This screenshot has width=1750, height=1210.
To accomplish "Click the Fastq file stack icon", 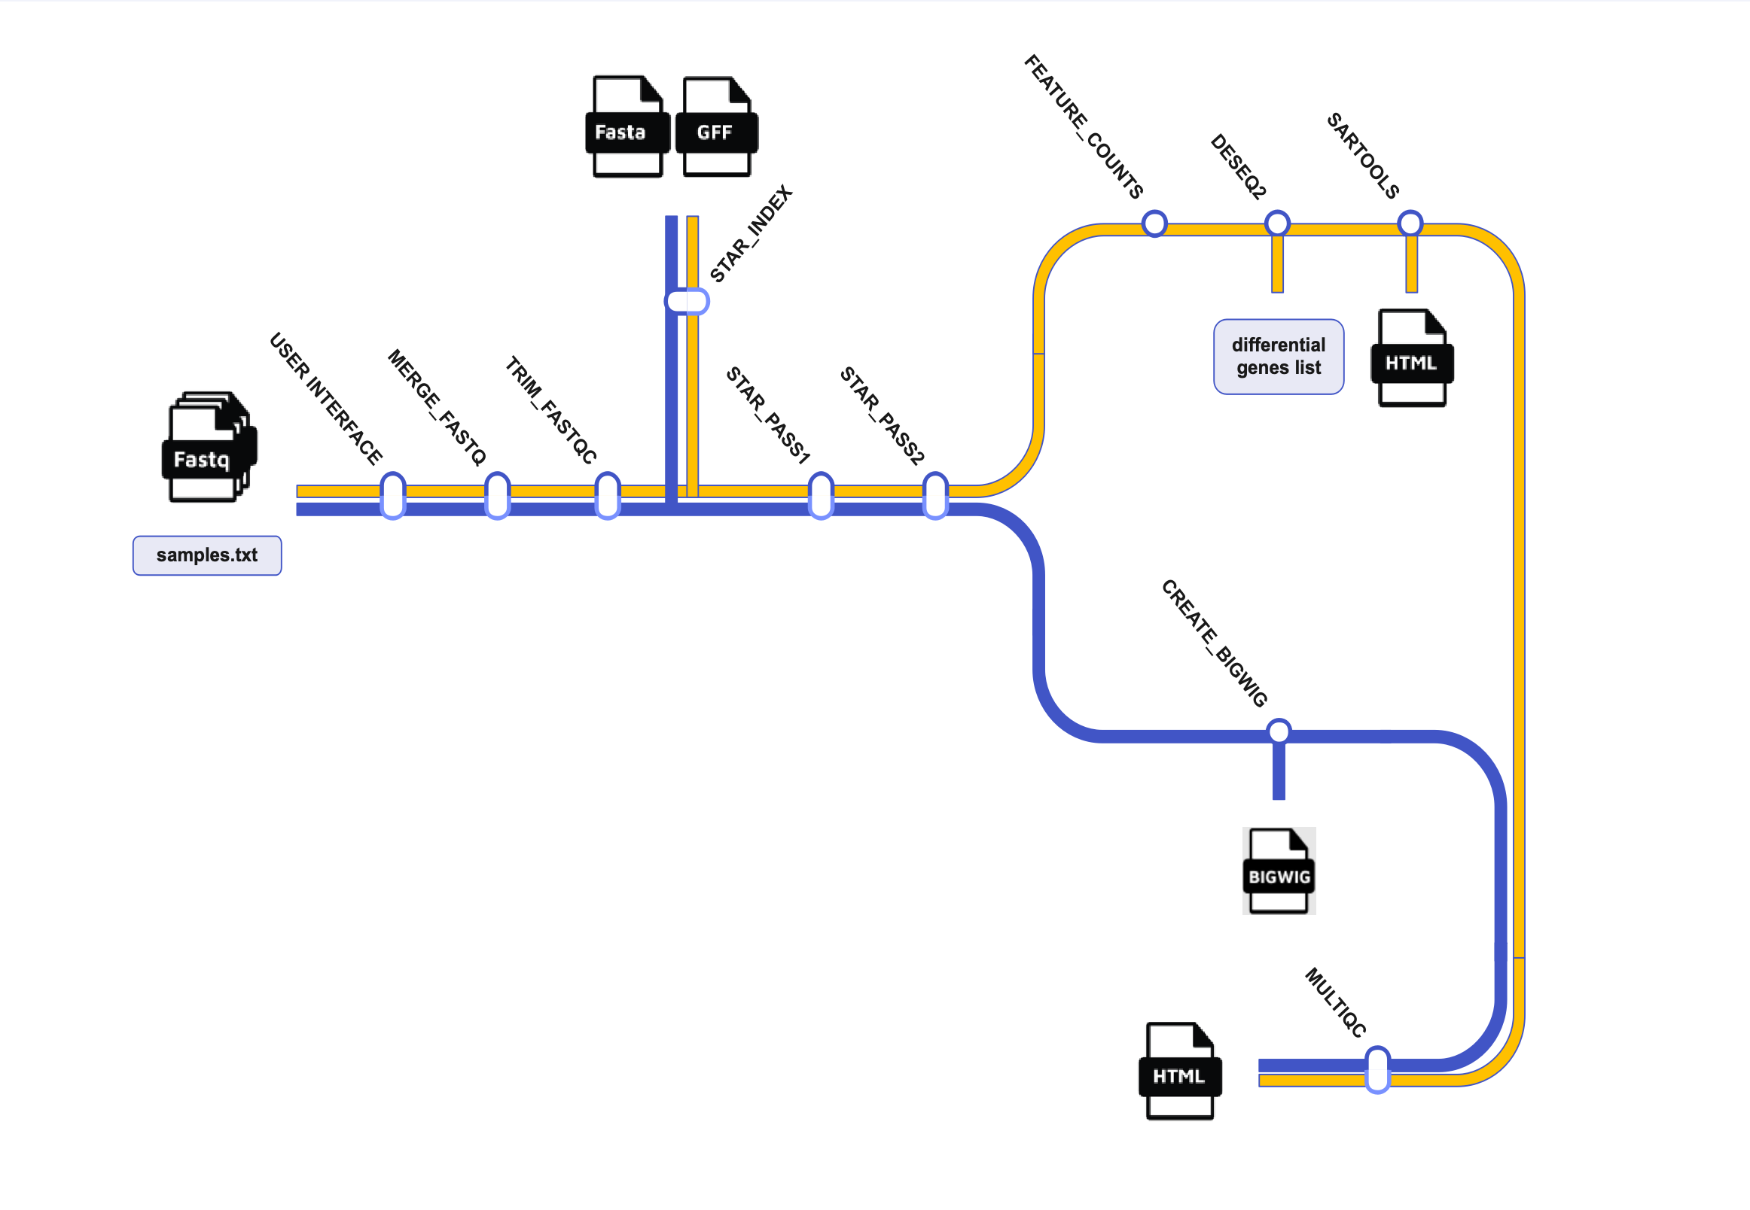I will pos(209,446).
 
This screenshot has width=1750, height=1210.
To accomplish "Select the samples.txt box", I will pos(207,555).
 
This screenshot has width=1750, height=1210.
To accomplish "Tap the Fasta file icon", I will pos(627,126).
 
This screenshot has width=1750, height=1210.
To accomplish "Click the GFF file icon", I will pos(717,126).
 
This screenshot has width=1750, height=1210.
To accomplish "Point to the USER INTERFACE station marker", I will pos(392,495).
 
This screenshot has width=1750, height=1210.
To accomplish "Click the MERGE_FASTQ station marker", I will pos(497,495).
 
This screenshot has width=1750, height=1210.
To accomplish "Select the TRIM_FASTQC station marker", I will pos(608,495).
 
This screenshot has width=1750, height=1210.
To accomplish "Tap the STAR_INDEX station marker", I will pos(687,301).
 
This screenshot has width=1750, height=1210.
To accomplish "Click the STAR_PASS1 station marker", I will pos(821,495).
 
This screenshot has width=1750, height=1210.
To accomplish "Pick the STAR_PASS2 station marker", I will pos(935,495).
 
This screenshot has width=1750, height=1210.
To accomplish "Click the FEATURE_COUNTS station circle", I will pos(1154,223).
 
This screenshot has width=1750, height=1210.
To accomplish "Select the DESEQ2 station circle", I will pos(1277,223).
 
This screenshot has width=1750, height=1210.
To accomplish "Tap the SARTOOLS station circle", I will pos(1410,223).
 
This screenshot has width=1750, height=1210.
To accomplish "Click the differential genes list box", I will pos(1278,357).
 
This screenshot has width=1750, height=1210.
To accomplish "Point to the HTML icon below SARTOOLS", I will pos(1412,358).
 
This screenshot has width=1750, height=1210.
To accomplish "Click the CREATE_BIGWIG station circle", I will pos(1278,731).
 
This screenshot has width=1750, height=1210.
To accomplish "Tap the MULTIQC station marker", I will pos(1377,1069).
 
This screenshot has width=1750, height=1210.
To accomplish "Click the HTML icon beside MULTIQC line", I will pos(1179,1071).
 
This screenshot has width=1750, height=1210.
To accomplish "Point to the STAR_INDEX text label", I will pos(750,233).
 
